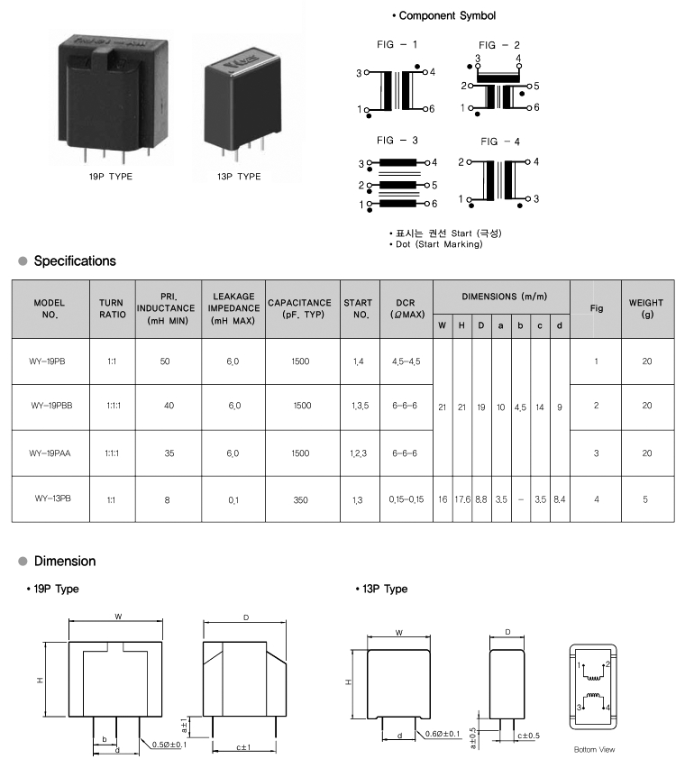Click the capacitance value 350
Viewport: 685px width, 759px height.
[x=301, y=498]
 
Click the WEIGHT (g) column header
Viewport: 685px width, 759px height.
[x=646, y=309]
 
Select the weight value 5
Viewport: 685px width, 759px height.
[x=646, y=498]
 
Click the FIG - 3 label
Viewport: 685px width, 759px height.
[x=397, y=141]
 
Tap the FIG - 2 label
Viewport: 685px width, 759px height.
[x=499, y=45]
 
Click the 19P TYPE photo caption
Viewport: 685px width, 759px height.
[x=110, y=177]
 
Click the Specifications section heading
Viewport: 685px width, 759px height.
[x=74, y=261]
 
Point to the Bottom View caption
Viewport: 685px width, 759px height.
[x=594, y=749]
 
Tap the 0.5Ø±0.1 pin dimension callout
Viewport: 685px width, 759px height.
[x=172, y=744]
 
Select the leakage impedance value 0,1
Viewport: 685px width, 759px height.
[x=234, y=498]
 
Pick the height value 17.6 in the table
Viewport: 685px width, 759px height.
[x=461, y=498]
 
